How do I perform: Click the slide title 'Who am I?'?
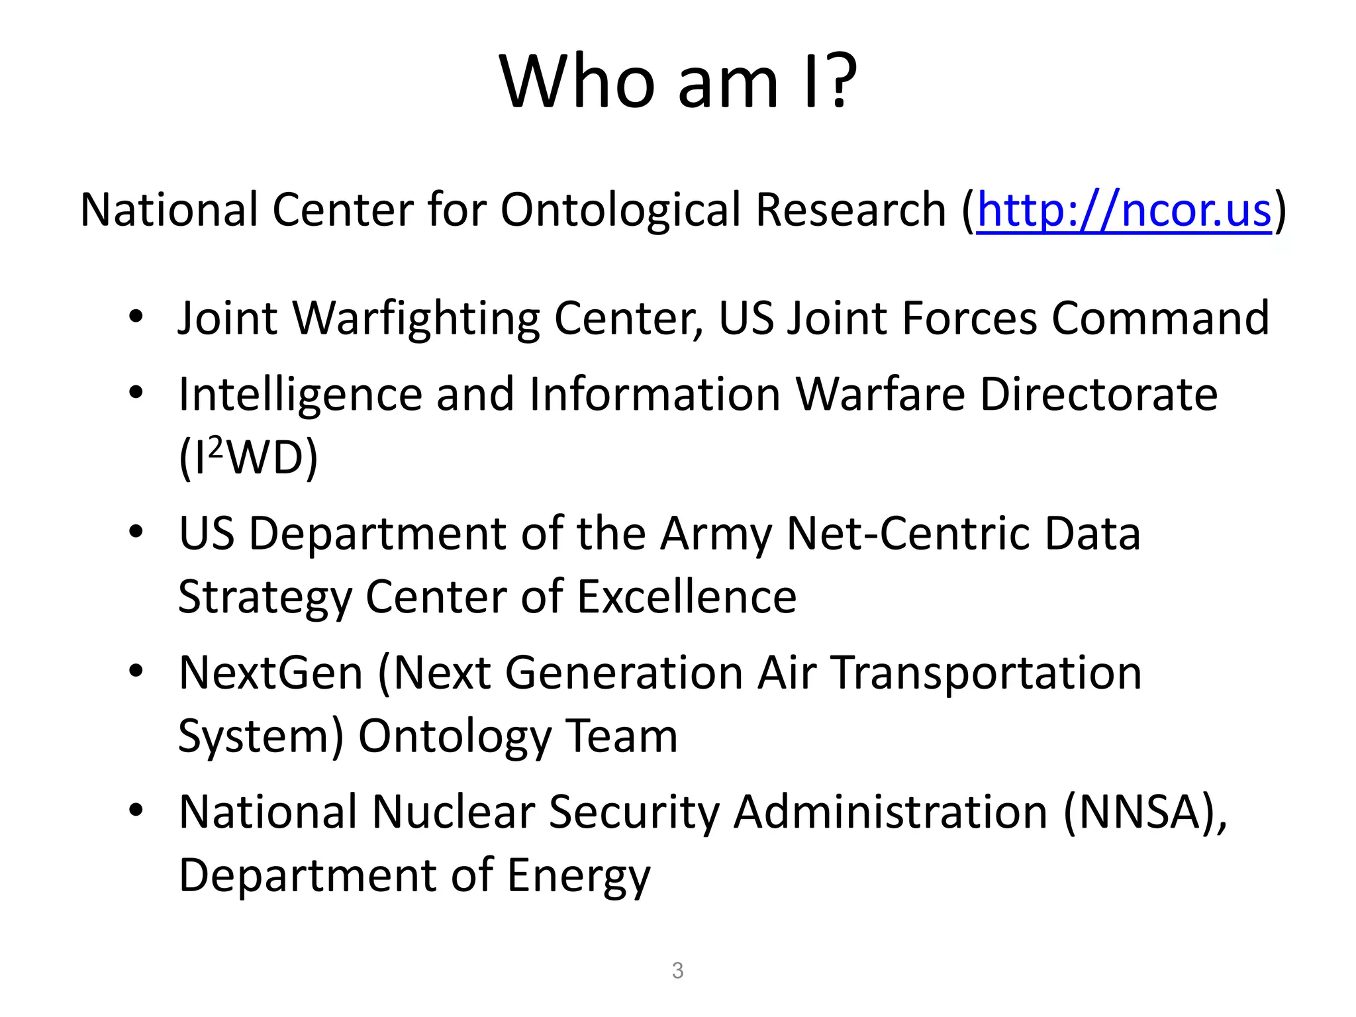pos(678,82)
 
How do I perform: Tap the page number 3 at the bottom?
pos(677,971)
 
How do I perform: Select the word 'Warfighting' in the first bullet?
pos(416,319)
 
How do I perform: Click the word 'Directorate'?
pos(1098,395)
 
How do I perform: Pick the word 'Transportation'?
pos(987,673)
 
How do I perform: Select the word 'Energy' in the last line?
pos(578,876)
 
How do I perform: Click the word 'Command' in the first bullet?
pos(1160,319)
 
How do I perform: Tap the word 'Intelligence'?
pos(301,395)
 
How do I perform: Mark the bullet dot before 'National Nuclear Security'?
pos(136,810)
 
